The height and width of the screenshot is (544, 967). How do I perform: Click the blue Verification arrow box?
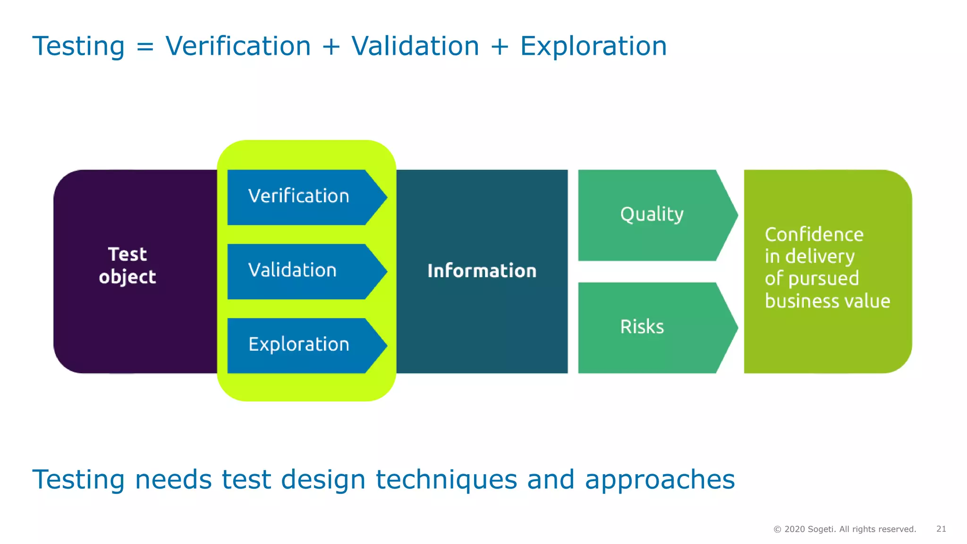(x=302, y=197)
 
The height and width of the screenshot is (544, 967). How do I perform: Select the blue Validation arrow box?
(x=302, y=271)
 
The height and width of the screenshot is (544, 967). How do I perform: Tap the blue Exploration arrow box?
(x=302, y=345)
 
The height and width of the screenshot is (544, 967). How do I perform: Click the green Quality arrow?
(x=652, y=215)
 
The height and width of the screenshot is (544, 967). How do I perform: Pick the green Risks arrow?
(x=652, y=327)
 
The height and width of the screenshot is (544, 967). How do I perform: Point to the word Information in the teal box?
(x=482, y=271)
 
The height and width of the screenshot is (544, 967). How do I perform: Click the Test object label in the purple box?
(x=127, y=266)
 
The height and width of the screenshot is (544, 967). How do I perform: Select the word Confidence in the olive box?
(x=814, y=235)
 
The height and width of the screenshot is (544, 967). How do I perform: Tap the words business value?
(x=827, y=301)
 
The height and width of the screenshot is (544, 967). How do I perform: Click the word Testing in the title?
(x=78, y=46)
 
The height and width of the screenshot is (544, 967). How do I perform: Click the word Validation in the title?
(x=415, y=46)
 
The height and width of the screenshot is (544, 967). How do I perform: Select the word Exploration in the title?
(x=594, y=46)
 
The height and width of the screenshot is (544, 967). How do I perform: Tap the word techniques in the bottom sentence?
(x=446, y=480)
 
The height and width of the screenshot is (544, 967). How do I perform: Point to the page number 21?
(x=941, y=529)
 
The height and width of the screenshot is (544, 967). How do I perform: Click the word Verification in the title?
(x=238, y=46)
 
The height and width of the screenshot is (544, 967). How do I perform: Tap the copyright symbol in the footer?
(x=777, y=529)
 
